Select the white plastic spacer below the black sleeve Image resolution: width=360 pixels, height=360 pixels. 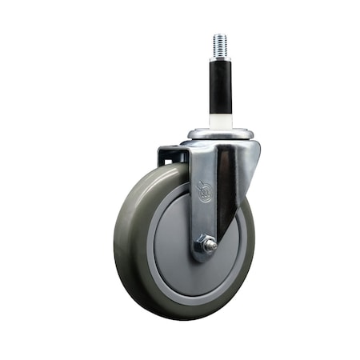[x=220, y=121]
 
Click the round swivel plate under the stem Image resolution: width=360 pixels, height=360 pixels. [x=221, y=134]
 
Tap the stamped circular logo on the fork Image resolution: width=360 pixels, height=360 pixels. [x=205, y=193]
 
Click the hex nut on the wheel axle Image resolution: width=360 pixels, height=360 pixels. [x=206, y=246]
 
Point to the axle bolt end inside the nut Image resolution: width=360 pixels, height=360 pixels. [x=209, y=247]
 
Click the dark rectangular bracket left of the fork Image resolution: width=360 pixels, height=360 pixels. [x=170, y=156]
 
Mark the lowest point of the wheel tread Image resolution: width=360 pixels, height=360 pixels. [x=180, y=318]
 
